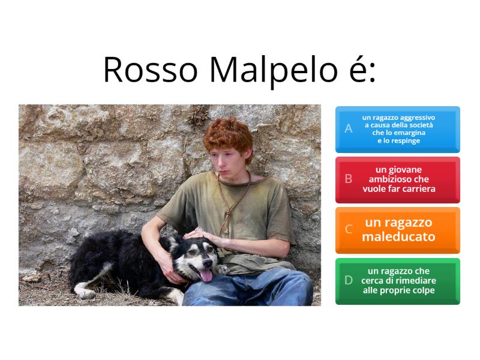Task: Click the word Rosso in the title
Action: tap(150, 70)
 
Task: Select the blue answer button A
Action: tap(397, 129)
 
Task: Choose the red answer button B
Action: tap(397, 179)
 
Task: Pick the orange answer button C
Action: tap(397, 230)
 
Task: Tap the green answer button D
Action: tap(397, 281)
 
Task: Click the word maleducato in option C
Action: tap(398, 237)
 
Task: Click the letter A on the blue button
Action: tap(349, 129)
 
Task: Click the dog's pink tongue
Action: tap(206, 275)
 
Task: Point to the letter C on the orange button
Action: tap(349, 230)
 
